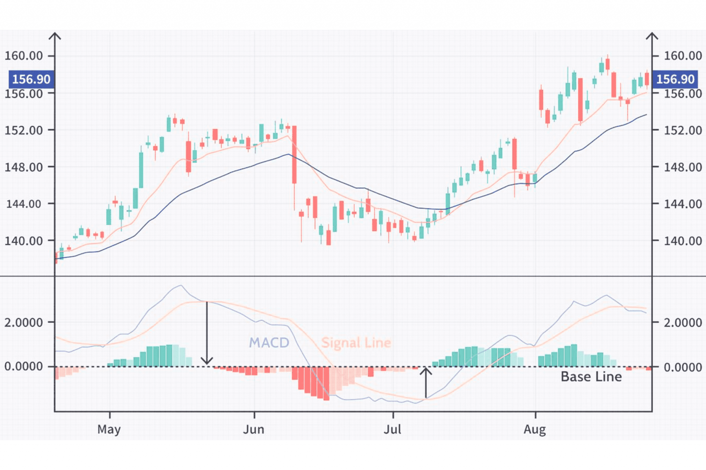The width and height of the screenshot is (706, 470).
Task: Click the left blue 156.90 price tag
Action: coord(31,79)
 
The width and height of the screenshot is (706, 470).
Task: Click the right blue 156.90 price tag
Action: coord(675,79)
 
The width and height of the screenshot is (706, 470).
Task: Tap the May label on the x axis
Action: coord(109,430)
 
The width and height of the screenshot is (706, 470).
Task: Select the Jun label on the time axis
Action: coord(254,430)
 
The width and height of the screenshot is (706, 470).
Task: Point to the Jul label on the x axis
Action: coord(392,430)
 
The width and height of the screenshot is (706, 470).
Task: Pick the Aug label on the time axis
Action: coord(535,430)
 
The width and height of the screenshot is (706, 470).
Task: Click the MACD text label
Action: coord(269,343)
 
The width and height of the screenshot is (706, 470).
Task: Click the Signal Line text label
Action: coord(356,343)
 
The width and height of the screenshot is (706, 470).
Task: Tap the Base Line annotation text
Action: coord(591,377)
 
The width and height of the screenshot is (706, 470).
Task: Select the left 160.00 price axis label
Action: coord(23,56)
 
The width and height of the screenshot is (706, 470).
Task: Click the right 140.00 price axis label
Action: coord(683,241)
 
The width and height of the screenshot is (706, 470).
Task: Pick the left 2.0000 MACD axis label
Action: coord(23,323)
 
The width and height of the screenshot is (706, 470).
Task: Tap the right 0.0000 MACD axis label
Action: coord(683,367)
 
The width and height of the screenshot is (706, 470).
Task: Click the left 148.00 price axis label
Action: coord(23,167)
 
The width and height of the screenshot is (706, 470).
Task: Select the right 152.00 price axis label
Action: coord(683,130)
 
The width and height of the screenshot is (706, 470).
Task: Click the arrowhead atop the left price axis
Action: coord(55,36)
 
